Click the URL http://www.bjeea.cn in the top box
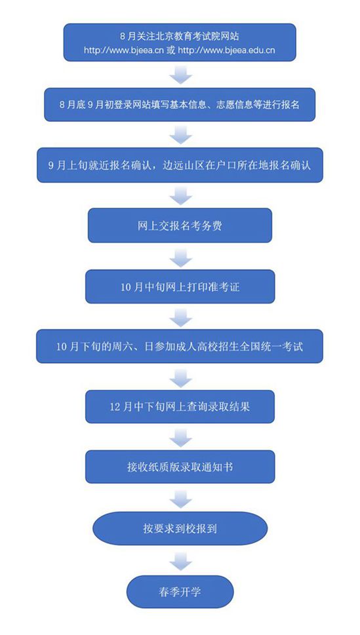(121, 50)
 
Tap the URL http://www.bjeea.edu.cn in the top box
(227, 50)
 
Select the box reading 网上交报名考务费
(180, 225)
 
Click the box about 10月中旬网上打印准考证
(180, 287)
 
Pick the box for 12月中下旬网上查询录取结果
(180, 406)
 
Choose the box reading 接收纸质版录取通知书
(180, 467)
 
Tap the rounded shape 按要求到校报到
(180, 528)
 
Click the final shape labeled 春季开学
(180, 592)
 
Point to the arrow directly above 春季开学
(180, 561)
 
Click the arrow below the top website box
(180, 75)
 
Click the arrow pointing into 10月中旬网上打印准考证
(180, 257)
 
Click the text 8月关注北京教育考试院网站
(180, 37)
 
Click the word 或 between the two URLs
(169, 50)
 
